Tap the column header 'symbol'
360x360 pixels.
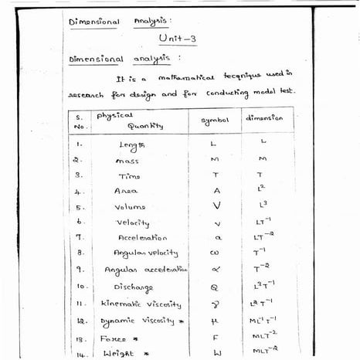pos(216,121)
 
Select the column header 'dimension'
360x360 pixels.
pos(264,119)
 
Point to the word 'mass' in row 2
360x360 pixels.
pos(127,161)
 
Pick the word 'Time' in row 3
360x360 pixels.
pos(129,176)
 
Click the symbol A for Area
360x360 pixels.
pos(216,192)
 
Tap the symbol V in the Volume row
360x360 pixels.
pos(216,206)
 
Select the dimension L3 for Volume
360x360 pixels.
pos(263,205)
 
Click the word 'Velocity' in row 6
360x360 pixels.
pos(132,223)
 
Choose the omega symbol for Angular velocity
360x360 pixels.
pos(216,254)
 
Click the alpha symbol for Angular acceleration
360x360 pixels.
pos(216,270)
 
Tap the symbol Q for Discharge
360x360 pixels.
pos(216,287)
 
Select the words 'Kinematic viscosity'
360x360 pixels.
pos(141,304)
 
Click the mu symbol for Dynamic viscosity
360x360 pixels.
pos(216,320)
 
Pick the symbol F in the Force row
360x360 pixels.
pos(216,338)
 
